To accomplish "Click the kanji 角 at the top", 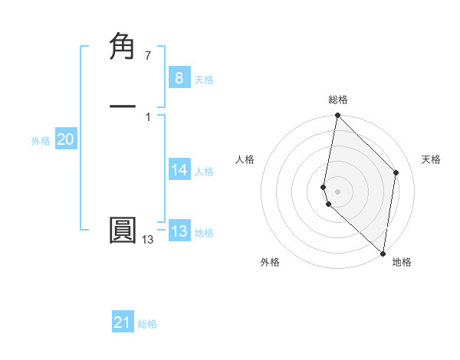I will pos(123,47).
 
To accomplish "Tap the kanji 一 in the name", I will pos(123,106).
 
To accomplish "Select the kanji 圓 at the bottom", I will pos(123,231).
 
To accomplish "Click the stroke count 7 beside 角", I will pos(148,56).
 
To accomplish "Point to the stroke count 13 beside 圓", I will pos(147,240).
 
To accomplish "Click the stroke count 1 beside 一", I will pos(148,116).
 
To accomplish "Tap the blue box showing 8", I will pos(179,78).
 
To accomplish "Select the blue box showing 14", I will pos(179,170).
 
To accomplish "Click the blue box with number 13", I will pos(179,231).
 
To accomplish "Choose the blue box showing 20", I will pos(65,139).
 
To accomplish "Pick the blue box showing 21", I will pos(123,322).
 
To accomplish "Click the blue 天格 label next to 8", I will pos(204,80).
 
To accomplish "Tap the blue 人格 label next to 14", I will pos(204,172).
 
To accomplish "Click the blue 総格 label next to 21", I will pos(147,324).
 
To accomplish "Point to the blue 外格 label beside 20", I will pos(41,141).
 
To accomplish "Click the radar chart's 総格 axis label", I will pos(338,100).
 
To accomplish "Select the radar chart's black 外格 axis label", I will pos(270,262).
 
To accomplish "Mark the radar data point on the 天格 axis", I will pos(396,172).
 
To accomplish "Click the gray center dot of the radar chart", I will pos(337,191).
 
